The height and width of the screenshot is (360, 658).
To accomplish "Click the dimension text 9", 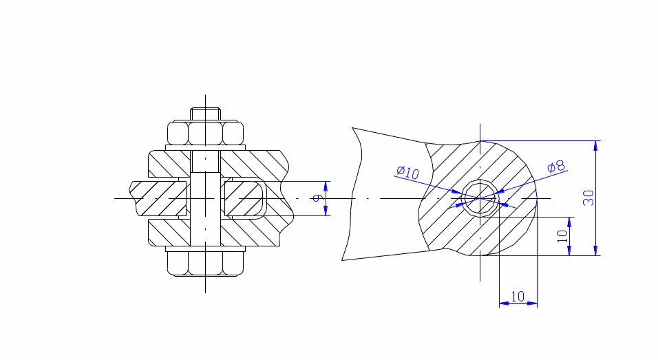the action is [x=319, y=198].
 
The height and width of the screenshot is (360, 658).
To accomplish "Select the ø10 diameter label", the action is [x=407, y=172].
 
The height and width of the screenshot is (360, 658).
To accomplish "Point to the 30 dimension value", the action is [x=588, y=198].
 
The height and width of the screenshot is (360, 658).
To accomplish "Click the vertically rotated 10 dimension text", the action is [x=562, y=236].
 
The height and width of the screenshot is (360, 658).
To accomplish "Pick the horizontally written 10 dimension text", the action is [x=518, y=297].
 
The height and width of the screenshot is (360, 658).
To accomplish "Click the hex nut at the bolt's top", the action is [x=205, y=133].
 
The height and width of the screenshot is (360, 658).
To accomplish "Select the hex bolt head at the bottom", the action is [x=205, y=264].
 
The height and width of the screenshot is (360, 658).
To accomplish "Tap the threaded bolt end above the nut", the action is [x=205, y=114].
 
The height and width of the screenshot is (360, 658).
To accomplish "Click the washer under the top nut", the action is [x=205, y=148].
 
